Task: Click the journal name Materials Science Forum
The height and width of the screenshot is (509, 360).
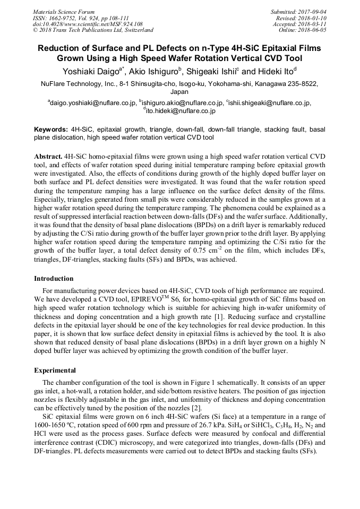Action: point(64,12)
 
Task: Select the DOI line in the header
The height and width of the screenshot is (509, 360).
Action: point(88,24)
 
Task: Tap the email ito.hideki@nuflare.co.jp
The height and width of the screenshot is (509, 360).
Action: point(180,111)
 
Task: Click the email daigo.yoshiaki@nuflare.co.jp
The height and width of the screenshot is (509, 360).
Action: point(92,103)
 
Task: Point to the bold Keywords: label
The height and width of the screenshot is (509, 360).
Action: point(51,129)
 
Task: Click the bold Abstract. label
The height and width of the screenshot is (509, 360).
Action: point(48,158)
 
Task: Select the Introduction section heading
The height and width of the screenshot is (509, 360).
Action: point(54,278)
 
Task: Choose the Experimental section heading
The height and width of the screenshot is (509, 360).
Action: point(55,370)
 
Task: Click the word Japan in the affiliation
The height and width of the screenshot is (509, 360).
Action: point(179,92)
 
